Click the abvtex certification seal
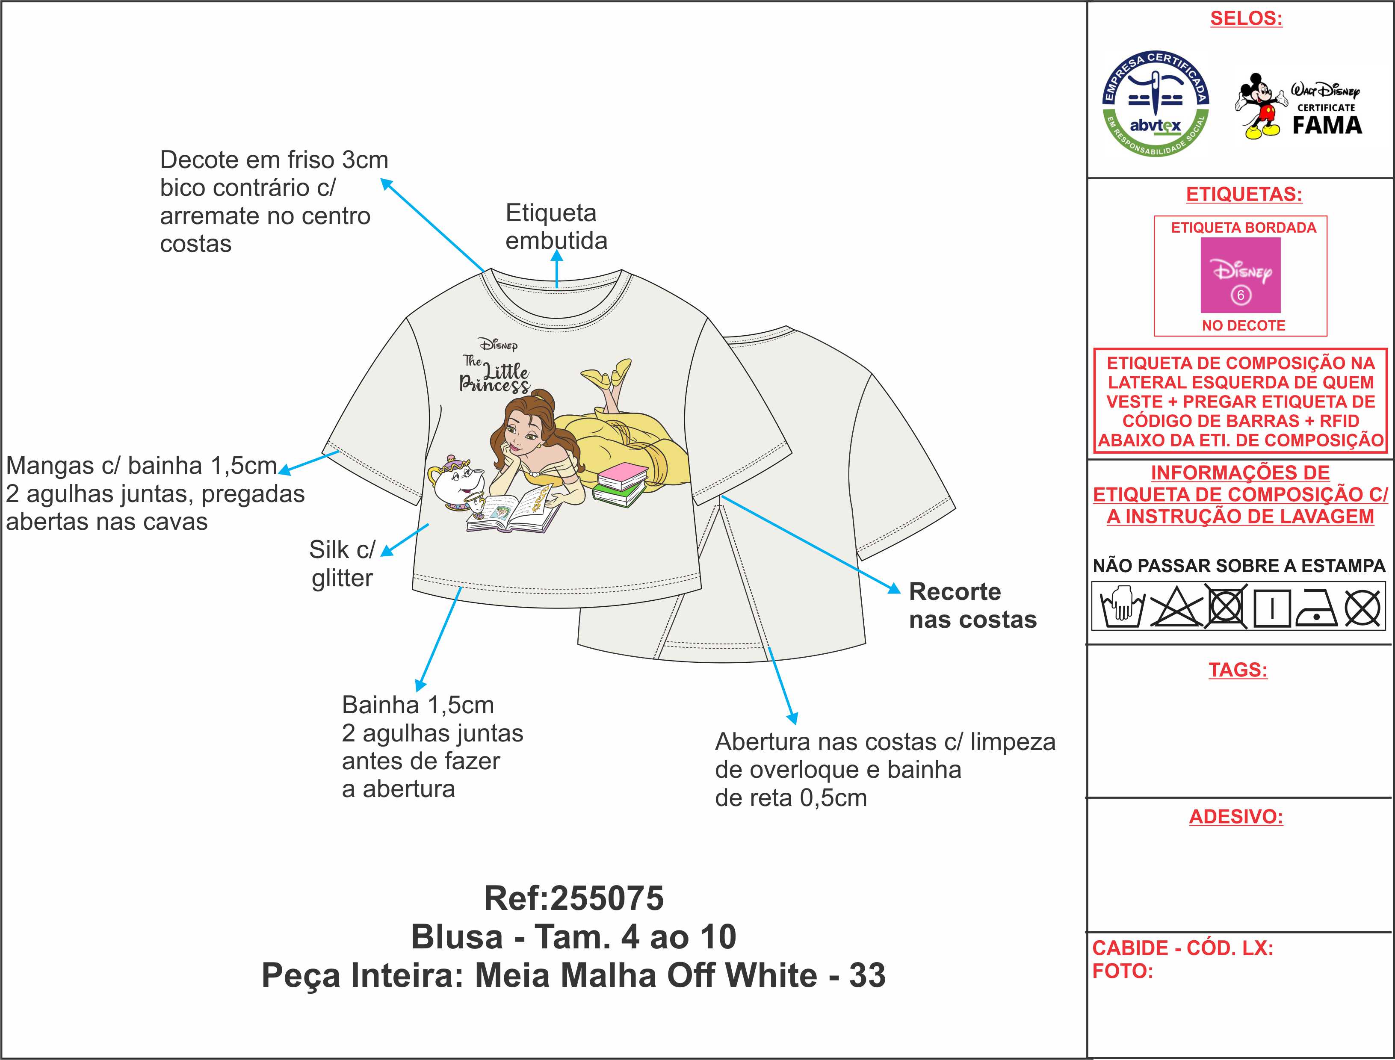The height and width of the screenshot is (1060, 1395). tap(1155, 104)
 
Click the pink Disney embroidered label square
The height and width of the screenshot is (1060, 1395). tap(1241, 275)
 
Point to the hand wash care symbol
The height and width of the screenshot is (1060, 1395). tap(1121, 607)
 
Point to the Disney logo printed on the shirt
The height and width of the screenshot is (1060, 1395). tap(498, 345)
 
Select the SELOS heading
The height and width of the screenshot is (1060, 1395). tap(1246, 18)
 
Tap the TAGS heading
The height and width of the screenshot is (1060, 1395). tap(1238, 670)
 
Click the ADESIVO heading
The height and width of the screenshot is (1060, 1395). tap(1236, 816)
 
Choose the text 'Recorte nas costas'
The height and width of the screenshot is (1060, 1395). tap(973, 606)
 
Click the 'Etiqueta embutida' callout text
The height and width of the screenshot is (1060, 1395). tap(556, 227)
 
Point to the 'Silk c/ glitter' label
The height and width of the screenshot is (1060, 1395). tap(342, 564)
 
